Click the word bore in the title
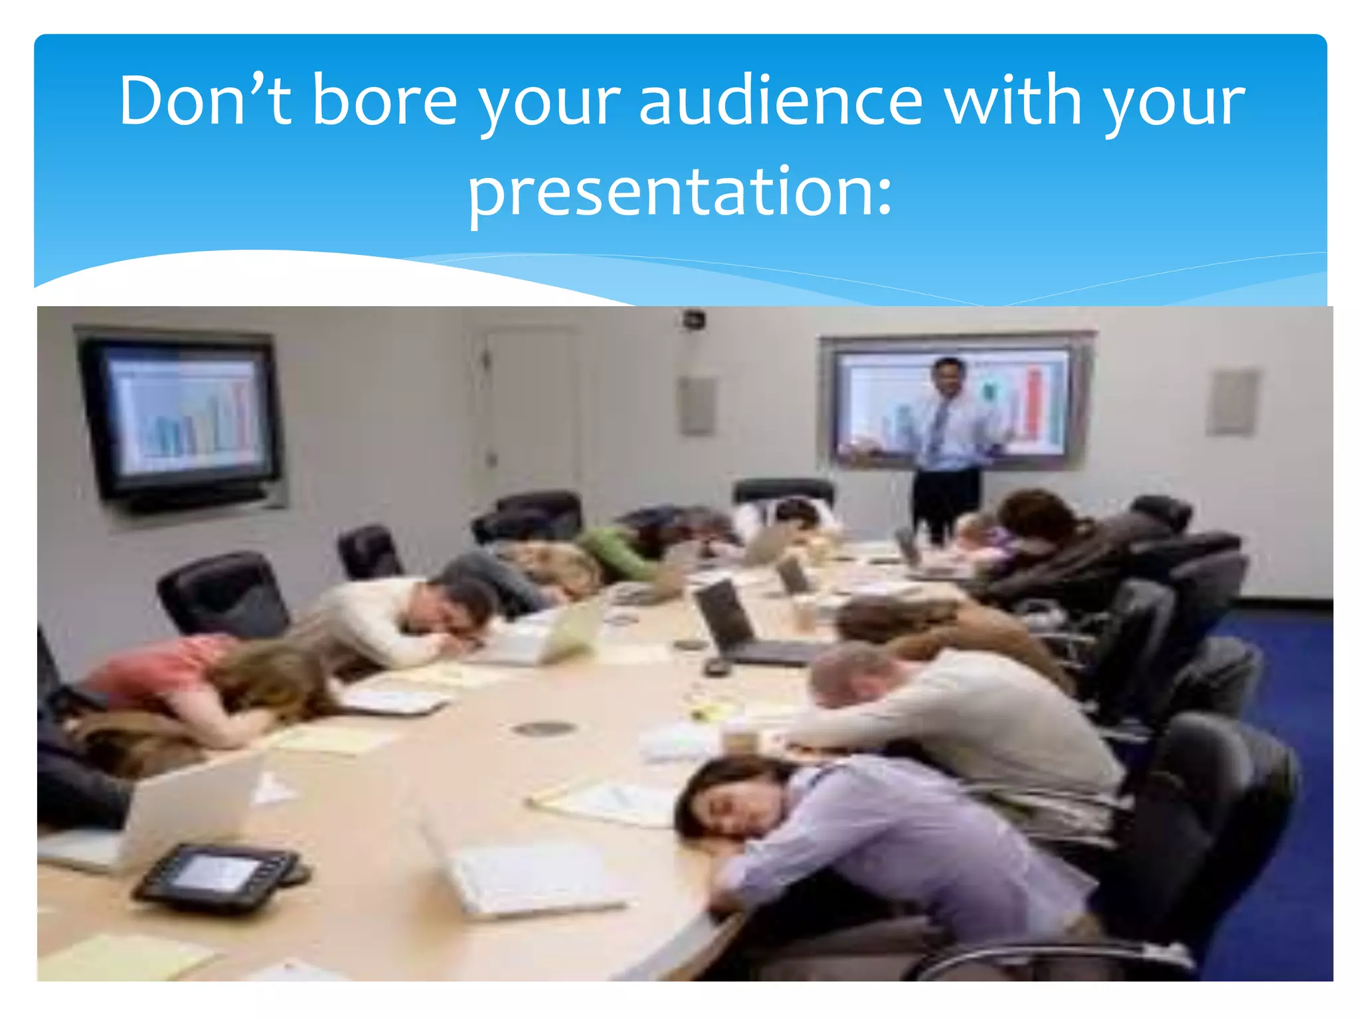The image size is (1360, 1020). [x=384, y=101]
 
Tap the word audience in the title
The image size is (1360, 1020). [x=780, y=101]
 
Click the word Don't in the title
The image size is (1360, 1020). [x=205, y=101]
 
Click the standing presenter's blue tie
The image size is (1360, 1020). [x=938, y=425]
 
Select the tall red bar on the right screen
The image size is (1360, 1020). [x=1033, y=405]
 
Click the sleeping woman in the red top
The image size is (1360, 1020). [x=199, y=684]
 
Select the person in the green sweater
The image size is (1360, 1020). [x=621, y=551]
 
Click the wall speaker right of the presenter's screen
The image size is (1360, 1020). [x=1232, y=402]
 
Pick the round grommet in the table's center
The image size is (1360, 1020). [x=544, y=728]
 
